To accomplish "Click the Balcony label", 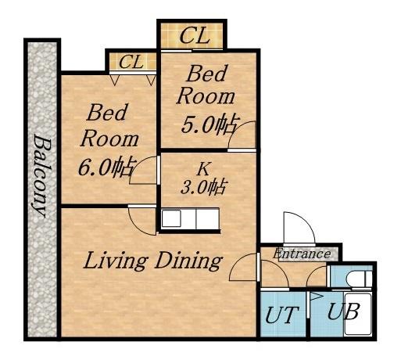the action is (x=41, y=177).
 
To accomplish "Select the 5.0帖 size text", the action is (x=210, y=124).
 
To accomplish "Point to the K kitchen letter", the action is (x=203, y=169).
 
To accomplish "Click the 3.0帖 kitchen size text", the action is (x=202, y=187).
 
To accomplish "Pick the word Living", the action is (x=116, y=261).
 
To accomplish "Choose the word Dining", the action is (x=188, y=261).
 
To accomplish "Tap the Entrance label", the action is (x=302, y=254).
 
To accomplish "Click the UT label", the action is (x=281, y=315).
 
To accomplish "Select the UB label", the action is (x=344, y=311).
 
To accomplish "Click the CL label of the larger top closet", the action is (x=195, y=36).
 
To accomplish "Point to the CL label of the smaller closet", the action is (x=131, y=62).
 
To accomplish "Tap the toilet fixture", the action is (x=360, y=279).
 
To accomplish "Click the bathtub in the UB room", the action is (x=357, y=314).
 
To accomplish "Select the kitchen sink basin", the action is (x=171, y=218).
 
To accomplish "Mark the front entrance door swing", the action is (x=299, y=228).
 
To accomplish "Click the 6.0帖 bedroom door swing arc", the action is (x=142, y=171).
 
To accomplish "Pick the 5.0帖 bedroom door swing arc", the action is (x=241, y=135).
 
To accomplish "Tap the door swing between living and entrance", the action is (x=242, y=267).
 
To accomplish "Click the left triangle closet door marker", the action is (x=114, y=80).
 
